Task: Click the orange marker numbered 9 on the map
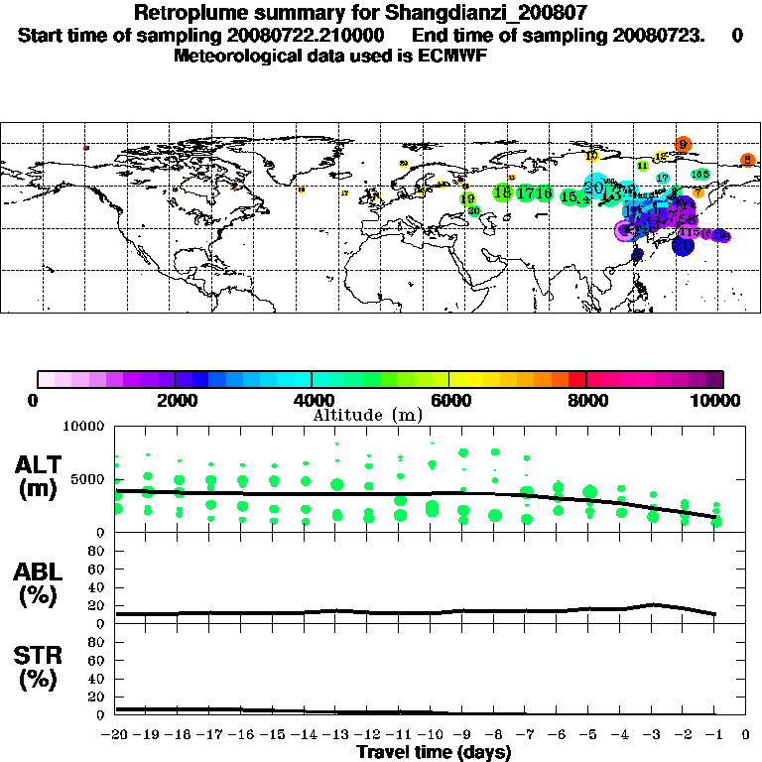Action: coord(683,145)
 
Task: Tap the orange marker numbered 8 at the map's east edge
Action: coord(748,160)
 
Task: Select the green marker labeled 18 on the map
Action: coord(502,192)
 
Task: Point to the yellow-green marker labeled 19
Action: coord(467,199)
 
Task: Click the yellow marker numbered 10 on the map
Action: coord(591,156)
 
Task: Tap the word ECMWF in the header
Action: coord(452,55)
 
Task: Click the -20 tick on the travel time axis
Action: coord(116,736)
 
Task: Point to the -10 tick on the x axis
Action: coord(432,736)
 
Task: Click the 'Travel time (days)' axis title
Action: coord(434,753)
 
